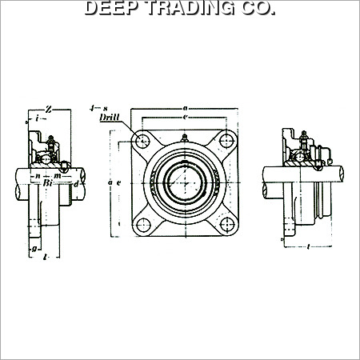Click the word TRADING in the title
coord(186,10)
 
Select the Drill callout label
coord(109,118)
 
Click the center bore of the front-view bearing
coord(184,183)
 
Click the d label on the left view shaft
coord(75,185)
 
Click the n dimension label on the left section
coord(38,174)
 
